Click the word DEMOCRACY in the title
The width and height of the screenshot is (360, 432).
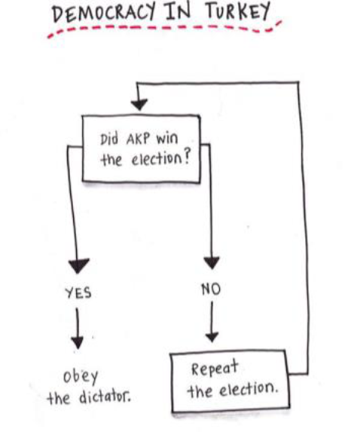point(104,14)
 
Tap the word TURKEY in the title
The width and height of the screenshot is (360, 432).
point(238,11)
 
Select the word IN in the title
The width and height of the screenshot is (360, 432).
point(178,11)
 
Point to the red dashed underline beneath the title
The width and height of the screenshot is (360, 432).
point(164,29)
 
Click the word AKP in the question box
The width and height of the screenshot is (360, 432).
point(138,139)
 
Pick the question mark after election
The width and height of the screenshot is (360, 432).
point(186,158)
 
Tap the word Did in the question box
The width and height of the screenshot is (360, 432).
point(109,139)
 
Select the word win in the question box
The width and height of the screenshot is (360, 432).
point(167,139)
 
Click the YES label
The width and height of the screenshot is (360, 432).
point(78,293)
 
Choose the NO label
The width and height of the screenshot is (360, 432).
point(211,290)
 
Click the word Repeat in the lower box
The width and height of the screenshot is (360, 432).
point(215,368)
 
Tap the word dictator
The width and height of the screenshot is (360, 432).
point(105,397)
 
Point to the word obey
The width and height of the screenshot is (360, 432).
point(81,377)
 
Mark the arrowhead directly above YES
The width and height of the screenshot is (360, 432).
point(78,265)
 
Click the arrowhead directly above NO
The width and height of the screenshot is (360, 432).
point(212,262)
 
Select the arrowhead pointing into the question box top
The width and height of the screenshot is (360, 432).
point(139,105)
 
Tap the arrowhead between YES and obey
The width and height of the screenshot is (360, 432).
point(78,342)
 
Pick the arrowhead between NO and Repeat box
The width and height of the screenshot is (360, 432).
point(212,337)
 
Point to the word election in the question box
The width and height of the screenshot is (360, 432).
point(157,159)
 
